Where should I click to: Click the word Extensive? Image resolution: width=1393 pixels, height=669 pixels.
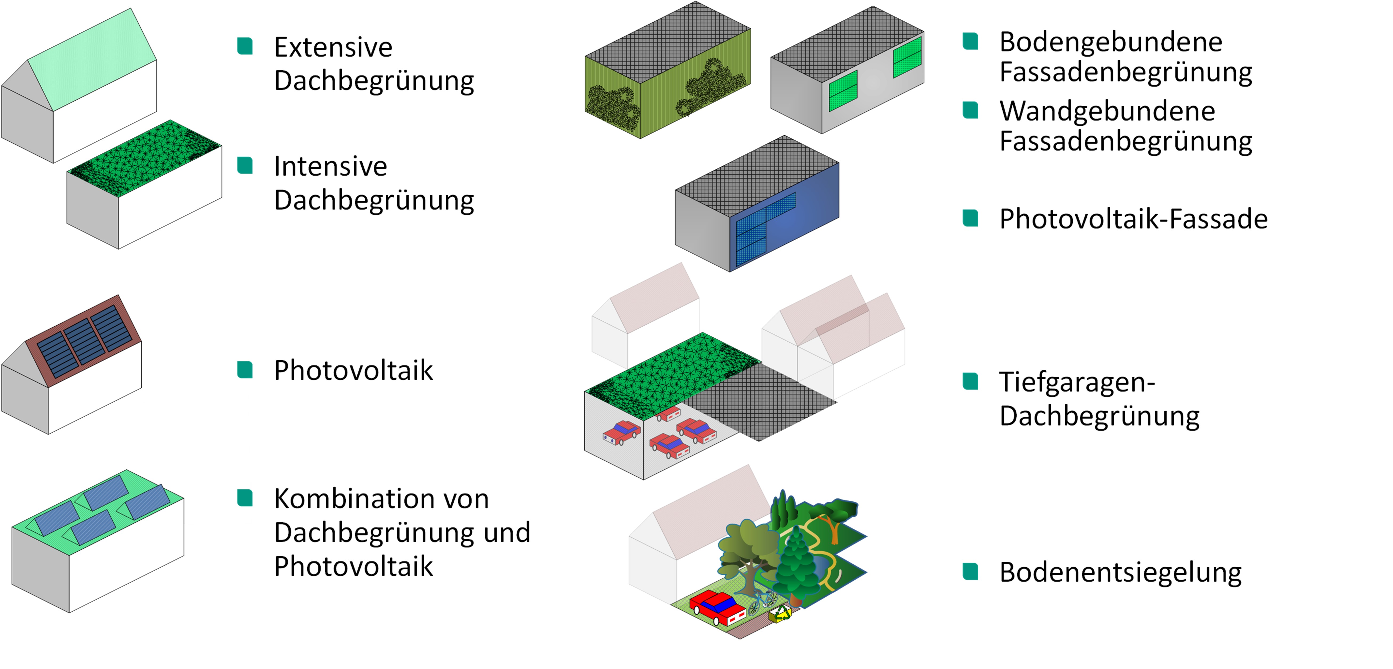pos(333,47)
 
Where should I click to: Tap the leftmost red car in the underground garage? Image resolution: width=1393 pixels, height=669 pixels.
pos(622,432)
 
